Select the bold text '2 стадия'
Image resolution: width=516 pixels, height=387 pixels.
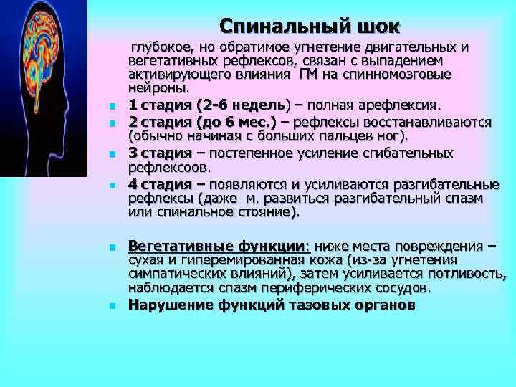(158, 121)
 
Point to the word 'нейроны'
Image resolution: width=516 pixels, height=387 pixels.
(158, 89)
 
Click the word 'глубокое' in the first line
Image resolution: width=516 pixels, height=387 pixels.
(158, 47)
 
